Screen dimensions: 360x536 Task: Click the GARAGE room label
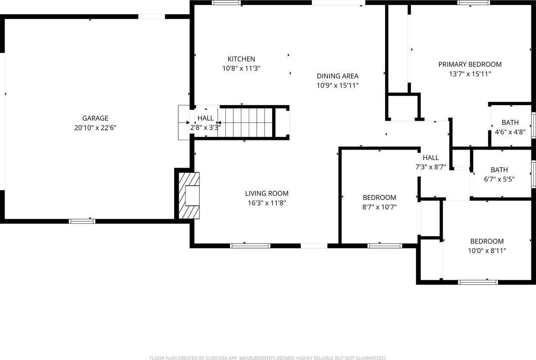click(x=95, y=118)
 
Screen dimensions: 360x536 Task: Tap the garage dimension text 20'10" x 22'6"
click(x=95, y=128)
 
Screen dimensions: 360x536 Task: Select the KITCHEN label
click(x=241, y=59)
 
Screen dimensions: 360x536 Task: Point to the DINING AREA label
click(x=338, y=76)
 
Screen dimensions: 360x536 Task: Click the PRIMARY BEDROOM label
click(x=470, y=64)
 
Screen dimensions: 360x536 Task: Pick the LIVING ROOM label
click(x=267, y=193)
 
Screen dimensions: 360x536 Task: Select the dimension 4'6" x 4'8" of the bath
click(x=510, y=132)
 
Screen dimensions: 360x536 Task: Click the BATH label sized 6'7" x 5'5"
click(x=499, y=170)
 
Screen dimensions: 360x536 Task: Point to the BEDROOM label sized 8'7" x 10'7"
click(x=379, y=197)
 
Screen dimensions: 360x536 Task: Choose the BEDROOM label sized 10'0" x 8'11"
click(x=487, y=241)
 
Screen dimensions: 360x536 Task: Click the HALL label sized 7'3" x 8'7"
click(x=430, y=158)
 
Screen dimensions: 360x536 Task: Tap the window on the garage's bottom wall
click(x=82, y=221)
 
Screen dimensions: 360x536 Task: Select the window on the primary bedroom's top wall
click(x=474, y=3)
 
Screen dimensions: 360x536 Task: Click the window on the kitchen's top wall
click(x=227, y=3)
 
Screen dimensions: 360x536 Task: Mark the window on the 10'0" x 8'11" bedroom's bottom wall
click(x=478, y=282)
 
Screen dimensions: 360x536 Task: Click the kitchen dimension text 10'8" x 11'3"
click(x=241, y=68)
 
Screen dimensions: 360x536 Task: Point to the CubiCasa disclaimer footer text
click(x=268, y=357)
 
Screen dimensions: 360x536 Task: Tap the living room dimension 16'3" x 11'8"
click(x=267, y=203)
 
